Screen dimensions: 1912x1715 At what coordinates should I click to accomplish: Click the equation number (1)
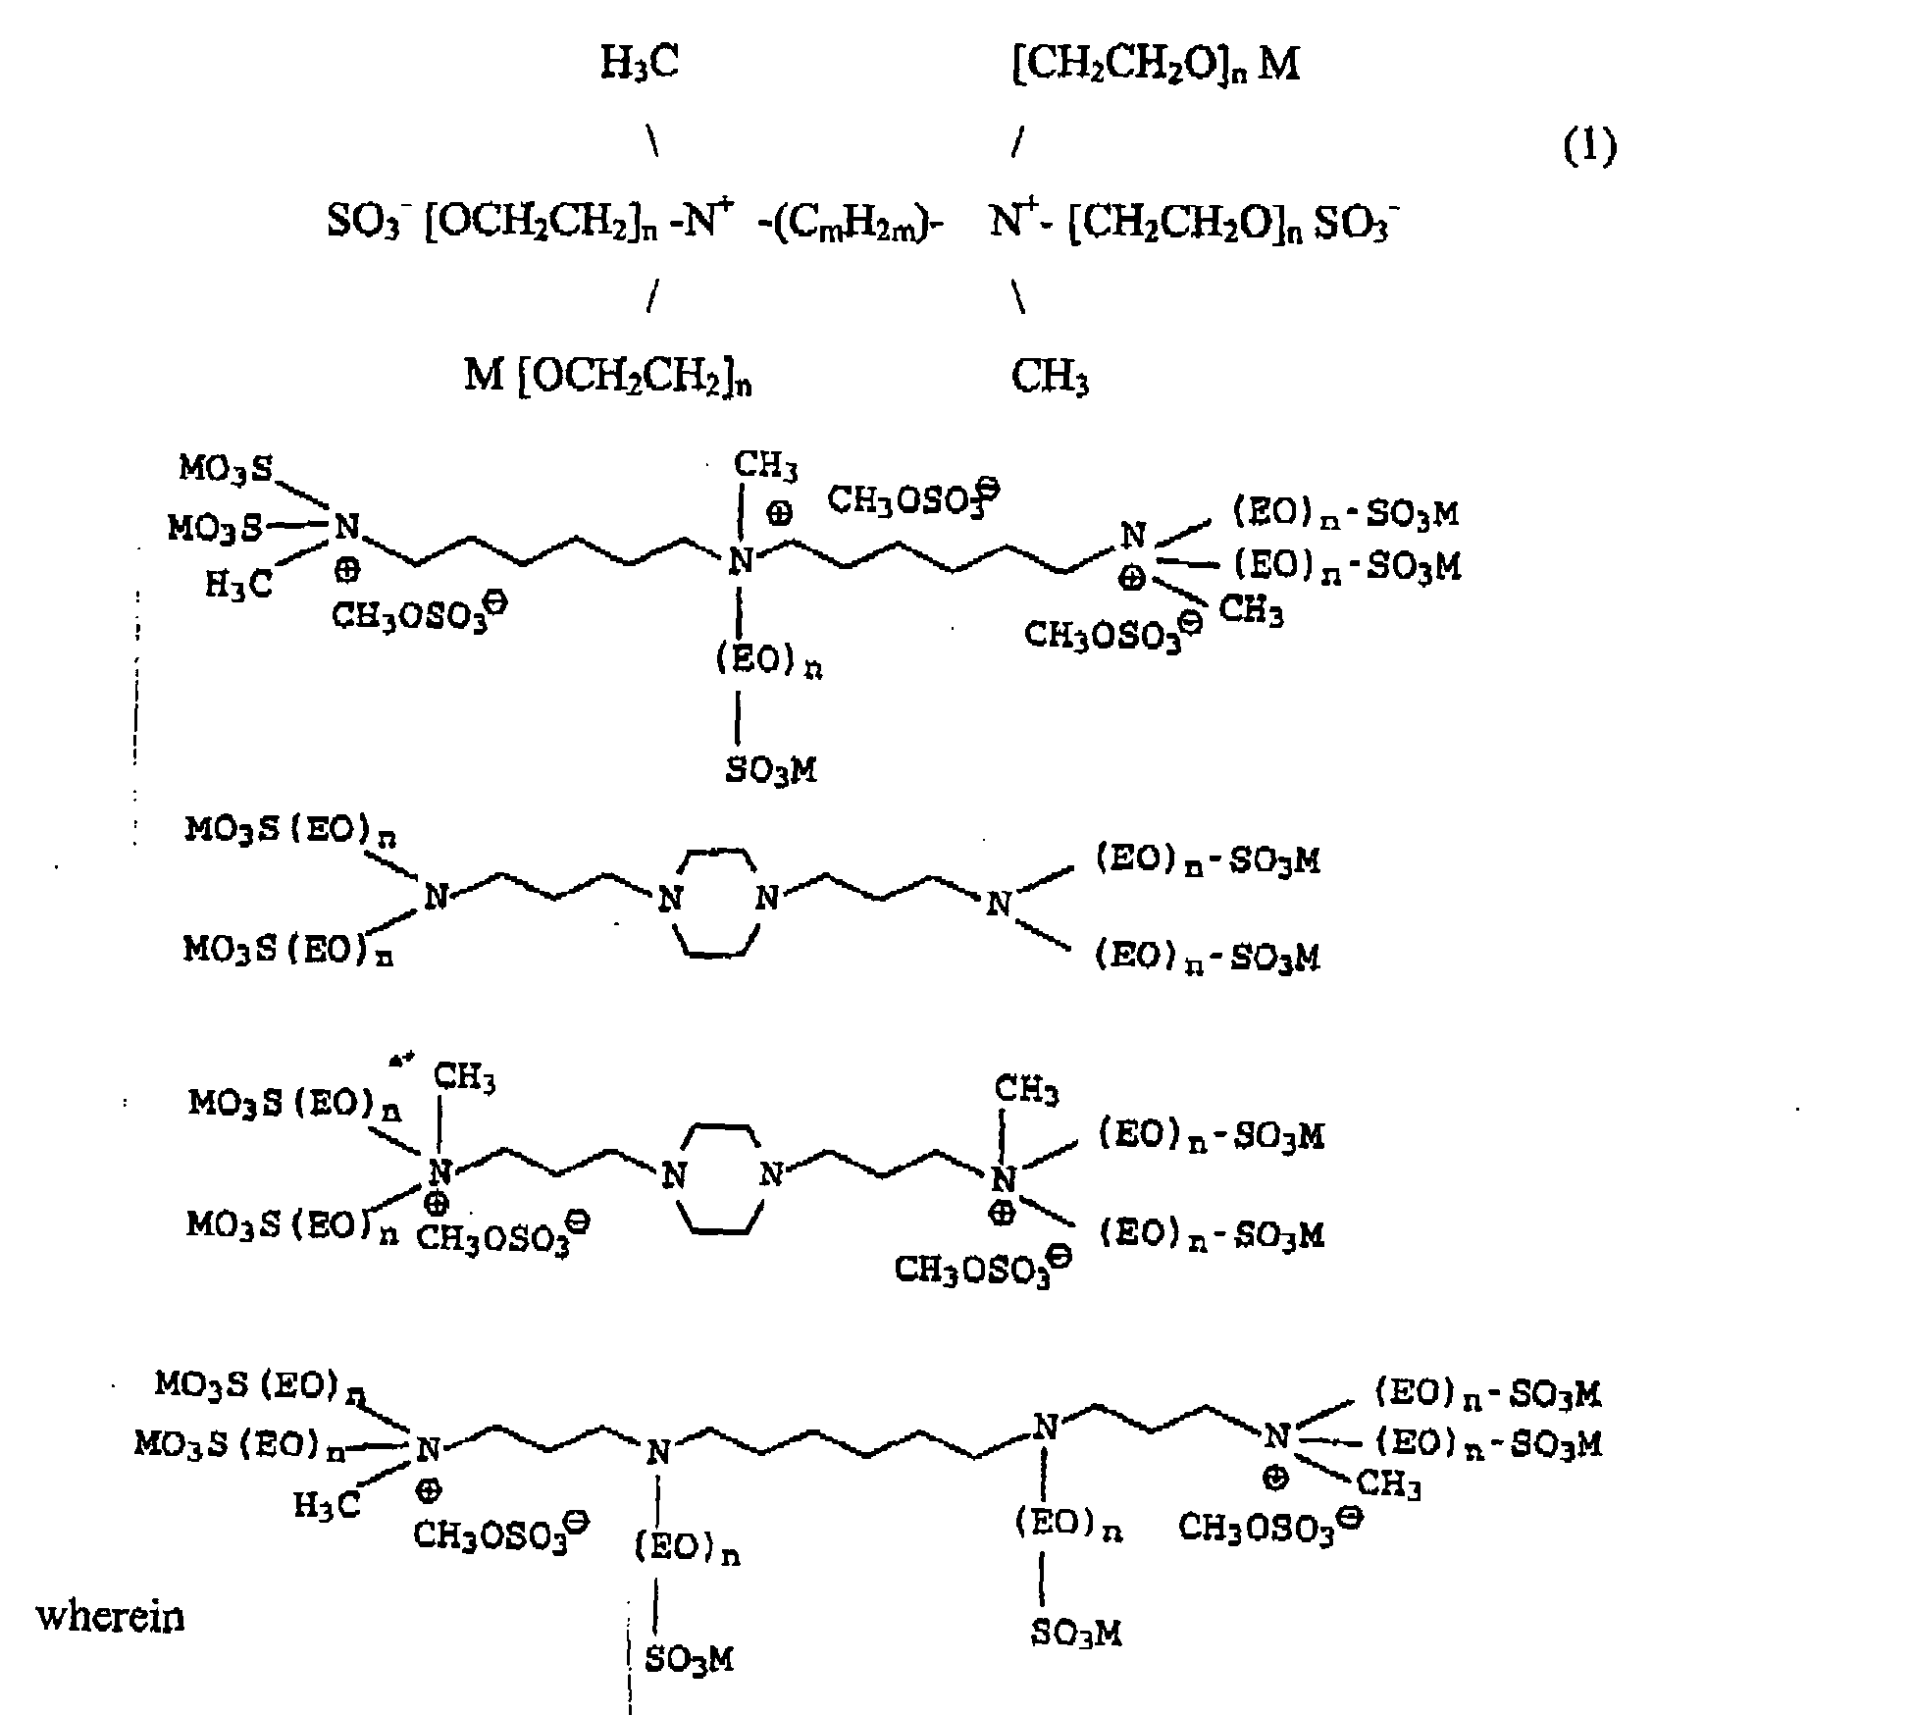pos(1588,147)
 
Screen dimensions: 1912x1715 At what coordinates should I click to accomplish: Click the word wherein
pos(110,1616)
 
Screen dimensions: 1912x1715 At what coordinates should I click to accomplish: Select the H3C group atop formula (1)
pos(639,64)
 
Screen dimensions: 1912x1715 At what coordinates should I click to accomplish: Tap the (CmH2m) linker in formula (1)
pos(852,225)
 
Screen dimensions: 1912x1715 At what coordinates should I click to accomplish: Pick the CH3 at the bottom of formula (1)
pos(1049,377)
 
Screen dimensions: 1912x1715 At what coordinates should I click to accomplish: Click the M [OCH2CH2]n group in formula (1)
pos(607,377)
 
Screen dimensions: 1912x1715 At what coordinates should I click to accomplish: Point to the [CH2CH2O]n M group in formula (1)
pos(1155,64)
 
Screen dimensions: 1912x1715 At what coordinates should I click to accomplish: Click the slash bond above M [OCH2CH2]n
pos(651,297)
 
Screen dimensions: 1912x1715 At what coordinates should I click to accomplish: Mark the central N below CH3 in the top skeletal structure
pos(741,561)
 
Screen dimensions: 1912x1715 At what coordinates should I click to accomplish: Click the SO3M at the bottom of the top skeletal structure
pos(771,770)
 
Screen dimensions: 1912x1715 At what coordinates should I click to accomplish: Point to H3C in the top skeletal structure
pos(238,586)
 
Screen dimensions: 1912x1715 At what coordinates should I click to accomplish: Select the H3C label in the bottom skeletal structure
pos(328,1506)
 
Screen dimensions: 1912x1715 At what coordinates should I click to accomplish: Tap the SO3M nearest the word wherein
pos(689,1659)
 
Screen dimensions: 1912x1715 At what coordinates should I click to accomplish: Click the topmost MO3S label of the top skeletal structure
pos(226,469)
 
